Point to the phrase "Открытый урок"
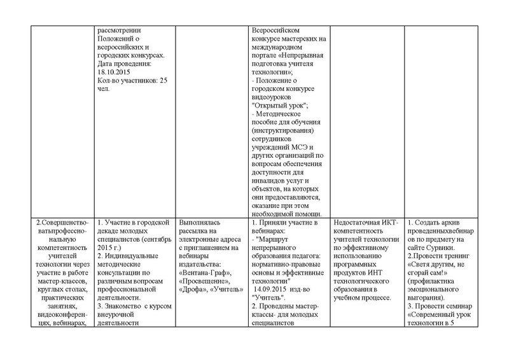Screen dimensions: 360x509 276,105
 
